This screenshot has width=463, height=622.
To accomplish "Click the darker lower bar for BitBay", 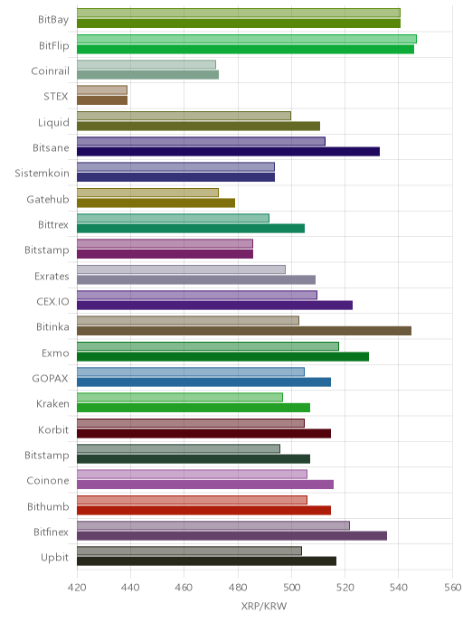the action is pos(239,24).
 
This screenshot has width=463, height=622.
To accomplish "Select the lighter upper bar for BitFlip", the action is pos(247,39).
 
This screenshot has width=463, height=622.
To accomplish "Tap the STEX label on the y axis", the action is pos(56,97).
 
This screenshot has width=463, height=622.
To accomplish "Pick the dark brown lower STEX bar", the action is pos(102,100).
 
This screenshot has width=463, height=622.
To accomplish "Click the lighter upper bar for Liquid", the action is pos(184,116).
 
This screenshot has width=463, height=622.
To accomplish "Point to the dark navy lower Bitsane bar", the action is pos(228,152).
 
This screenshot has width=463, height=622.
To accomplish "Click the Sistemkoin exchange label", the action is pos(42,174).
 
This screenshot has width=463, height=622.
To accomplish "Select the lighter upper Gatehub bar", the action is pos(147,193).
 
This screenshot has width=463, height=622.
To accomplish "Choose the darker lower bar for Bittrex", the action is pos(191,229).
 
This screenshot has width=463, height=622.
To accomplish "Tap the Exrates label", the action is pos(52,276).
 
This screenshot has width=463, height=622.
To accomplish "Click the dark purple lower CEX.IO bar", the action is pos(214,306).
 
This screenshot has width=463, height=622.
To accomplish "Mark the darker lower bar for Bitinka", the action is pos(244,331).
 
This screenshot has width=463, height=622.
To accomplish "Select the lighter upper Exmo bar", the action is pos(208,346).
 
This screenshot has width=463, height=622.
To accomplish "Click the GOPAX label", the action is pos(50,379).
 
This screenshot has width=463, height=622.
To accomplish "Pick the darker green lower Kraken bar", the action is pos(194,408).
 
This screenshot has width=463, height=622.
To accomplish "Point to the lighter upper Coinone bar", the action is pos(192,475).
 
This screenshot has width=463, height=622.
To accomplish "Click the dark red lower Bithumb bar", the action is pos(204,510).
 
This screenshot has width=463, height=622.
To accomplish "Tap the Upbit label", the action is pos(55,558).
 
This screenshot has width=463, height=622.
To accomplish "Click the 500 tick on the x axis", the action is pos(291,587).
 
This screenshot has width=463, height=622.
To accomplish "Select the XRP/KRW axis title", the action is pos(264,606).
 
